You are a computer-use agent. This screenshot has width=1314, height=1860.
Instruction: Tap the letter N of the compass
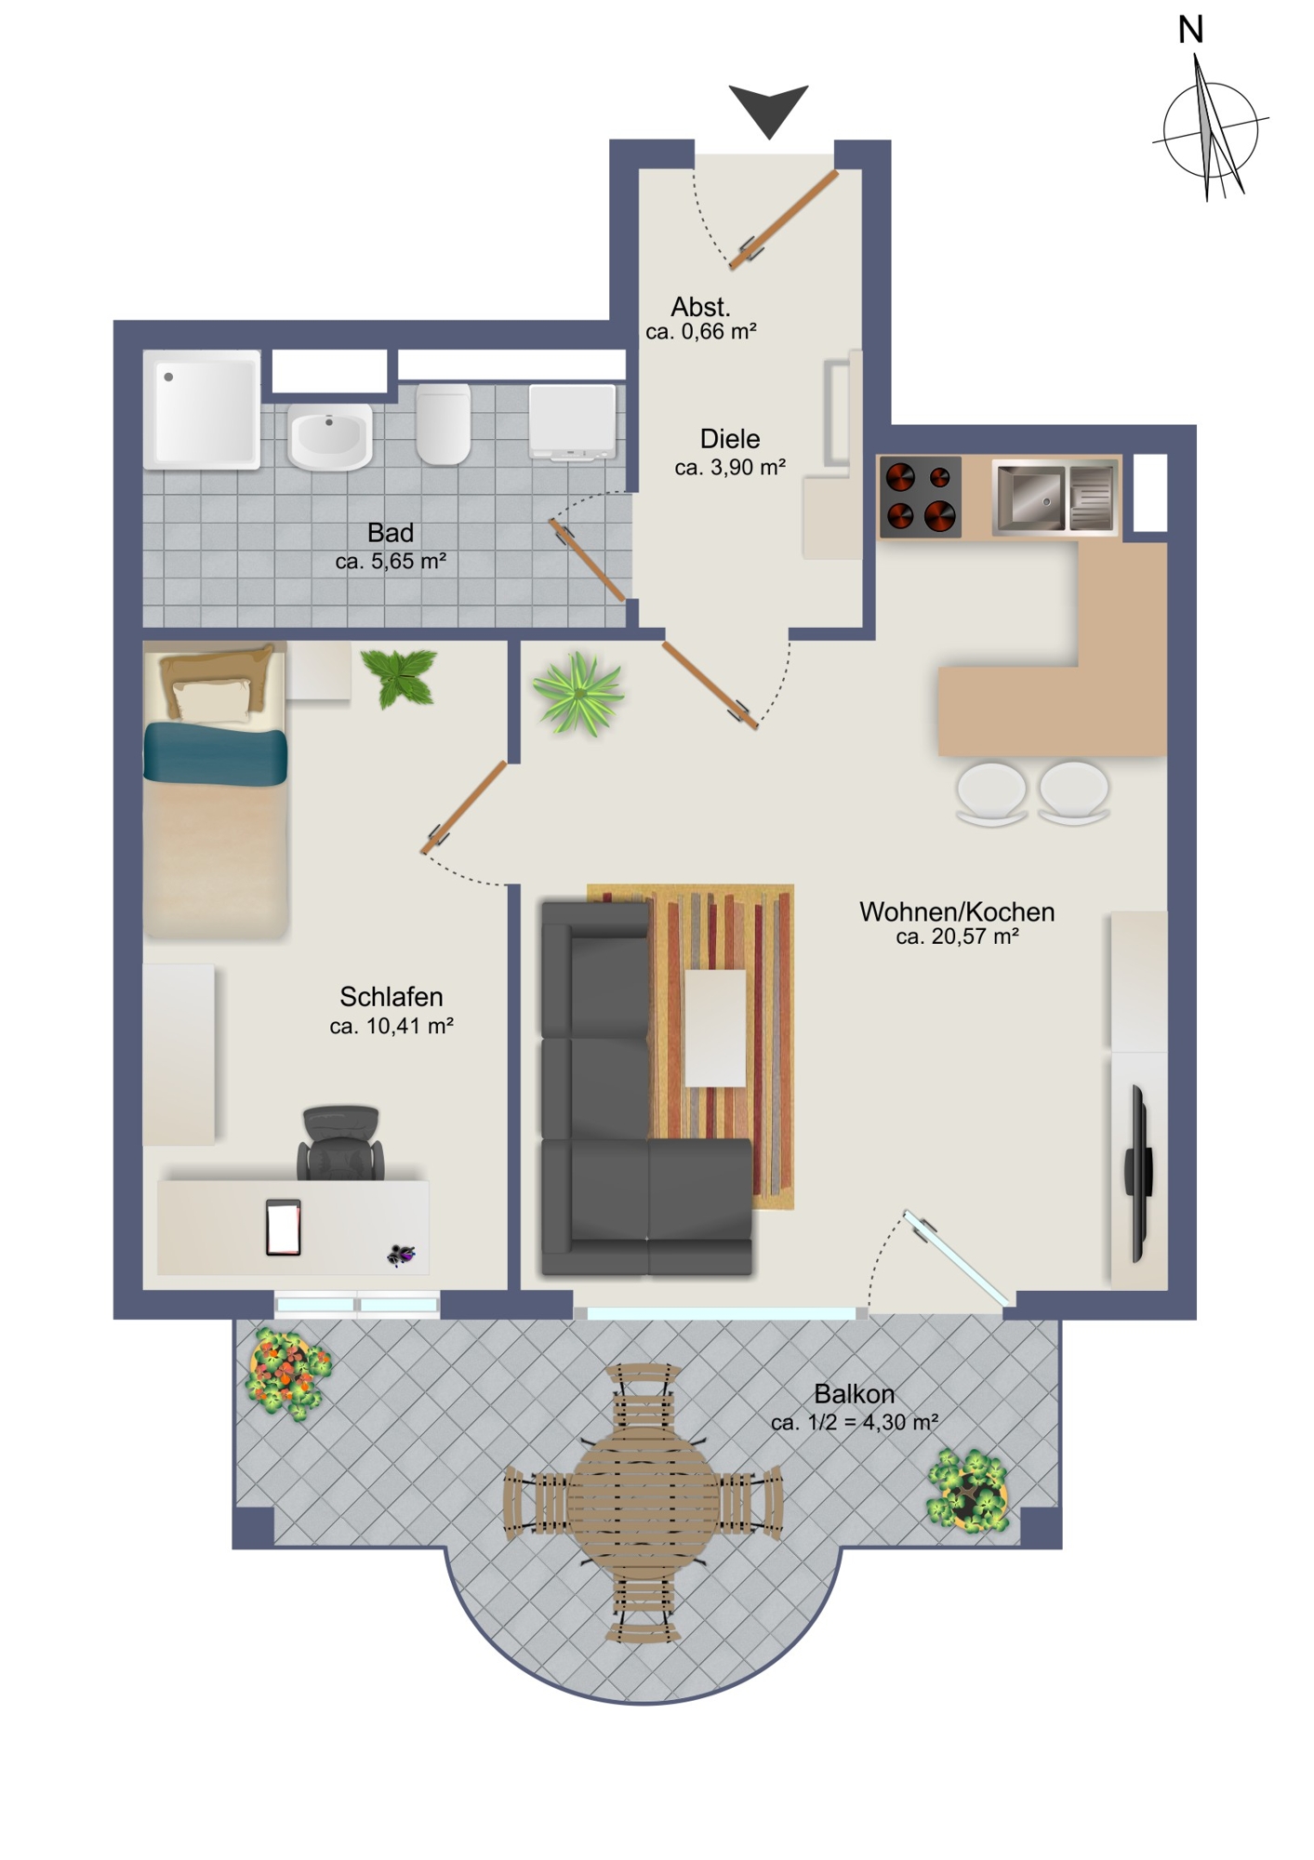click(1190, 30)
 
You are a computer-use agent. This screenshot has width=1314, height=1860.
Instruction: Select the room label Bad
click(391, 533)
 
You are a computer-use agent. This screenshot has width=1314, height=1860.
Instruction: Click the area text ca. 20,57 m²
click(957, 937)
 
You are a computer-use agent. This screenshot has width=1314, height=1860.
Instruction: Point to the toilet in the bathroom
click(443, 423)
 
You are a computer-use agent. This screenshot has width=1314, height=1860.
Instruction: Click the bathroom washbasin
click(330, 436)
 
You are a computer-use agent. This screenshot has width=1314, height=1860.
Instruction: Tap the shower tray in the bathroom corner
click(202, 409)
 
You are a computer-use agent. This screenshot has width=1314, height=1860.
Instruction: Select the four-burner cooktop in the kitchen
click(921, 497)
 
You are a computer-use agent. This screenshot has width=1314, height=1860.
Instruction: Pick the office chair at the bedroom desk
click(340, 1143)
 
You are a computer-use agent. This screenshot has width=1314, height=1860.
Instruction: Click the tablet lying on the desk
click(284, 1228)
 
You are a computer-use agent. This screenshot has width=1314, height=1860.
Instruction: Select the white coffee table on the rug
click(716, 1028)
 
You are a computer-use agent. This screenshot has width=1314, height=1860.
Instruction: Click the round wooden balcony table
click(643, 1502)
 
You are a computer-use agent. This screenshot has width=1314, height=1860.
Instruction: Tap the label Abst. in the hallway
click(700, 307)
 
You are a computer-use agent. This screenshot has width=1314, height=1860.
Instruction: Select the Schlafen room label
click(391, 997)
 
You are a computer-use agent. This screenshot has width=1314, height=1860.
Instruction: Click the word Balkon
click(854, 1394)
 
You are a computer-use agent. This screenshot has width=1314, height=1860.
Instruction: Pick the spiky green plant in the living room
click(577, 693)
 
